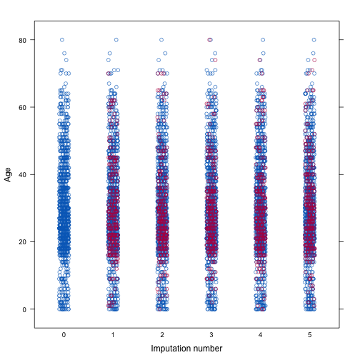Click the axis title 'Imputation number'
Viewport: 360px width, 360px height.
tap(186, 349)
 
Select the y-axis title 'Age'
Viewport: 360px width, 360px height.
tap(9, 174)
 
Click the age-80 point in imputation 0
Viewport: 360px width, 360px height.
tap(62, 40)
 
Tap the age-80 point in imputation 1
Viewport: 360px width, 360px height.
tap(116, 40)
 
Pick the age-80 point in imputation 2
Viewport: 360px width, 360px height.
tap(161, 40)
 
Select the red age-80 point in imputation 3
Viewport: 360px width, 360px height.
tap(210, 40)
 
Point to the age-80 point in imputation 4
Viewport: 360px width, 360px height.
tap(263, 40)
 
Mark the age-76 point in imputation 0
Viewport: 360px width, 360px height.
tap(64, 54)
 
